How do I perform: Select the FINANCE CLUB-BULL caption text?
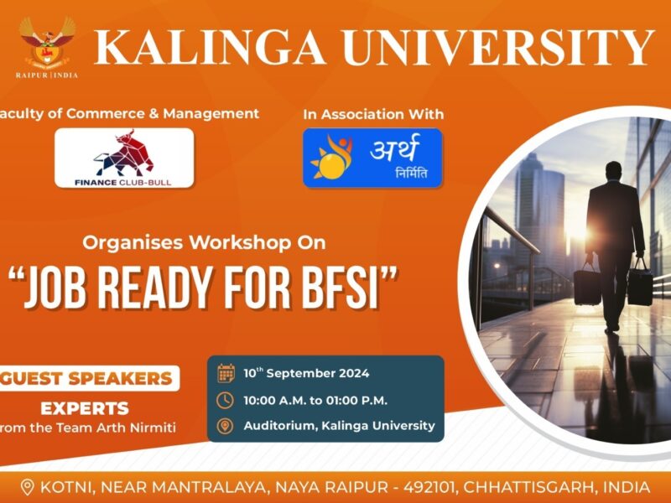(122, 183)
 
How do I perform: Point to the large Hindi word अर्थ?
(394, 148)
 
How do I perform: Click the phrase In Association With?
(373, 114)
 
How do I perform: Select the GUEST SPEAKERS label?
(86, 379)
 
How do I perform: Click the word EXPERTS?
(85, 408)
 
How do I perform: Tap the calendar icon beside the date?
(226, 373)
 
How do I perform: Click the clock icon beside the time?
(225, 401)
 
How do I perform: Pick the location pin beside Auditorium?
(225, 426)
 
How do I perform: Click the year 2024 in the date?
(354, 373)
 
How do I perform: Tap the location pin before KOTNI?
(28, 488)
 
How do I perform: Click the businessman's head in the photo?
(614, 172)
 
